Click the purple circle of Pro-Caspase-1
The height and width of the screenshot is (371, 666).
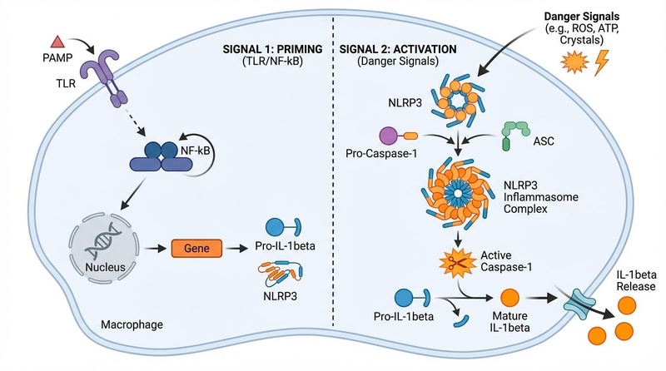pyautogui.click(x=388, y=136)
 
